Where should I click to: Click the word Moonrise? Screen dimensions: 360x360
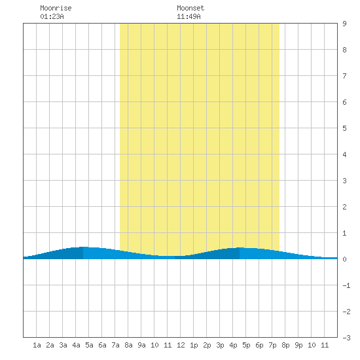(x=56, y=8)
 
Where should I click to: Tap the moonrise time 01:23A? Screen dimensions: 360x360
(x=52, y=16)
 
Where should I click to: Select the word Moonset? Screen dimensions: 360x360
(x=190, y=8)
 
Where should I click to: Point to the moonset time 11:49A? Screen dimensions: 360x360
(x=189, y=16)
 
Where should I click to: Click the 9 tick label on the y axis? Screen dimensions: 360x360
(x=344, y=24)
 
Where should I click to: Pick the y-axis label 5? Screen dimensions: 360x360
(x=344, y=128)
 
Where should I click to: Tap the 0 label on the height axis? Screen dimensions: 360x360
(x=344, y=259)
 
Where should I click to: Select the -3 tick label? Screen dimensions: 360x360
(x=346, y=338)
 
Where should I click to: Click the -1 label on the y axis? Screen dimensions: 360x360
(x=346, y=285)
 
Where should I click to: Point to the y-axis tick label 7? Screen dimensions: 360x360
(x=344, y=76)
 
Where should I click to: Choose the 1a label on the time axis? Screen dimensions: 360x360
(x=37, y=345)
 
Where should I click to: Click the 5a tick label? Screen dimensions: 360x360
(x=89, y=345)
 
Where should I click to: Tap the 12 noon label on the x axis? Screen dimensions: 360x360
(x=181, y=345)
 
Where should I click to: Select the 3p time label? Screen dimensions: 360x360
(x=220, y=345)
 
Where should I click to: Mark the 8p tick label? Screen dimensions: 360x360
(x=285, y=345)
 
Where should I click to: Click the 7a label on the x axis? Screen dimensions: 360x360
(x=115, y=345)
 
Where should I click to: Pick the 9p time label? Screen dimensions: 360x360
(x=298, y=345)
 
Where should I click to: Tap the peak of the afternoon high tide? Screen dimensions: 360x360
(x=240, y=247)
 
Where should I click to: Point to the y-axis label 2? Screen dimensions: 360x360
(x=344, y=207)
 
